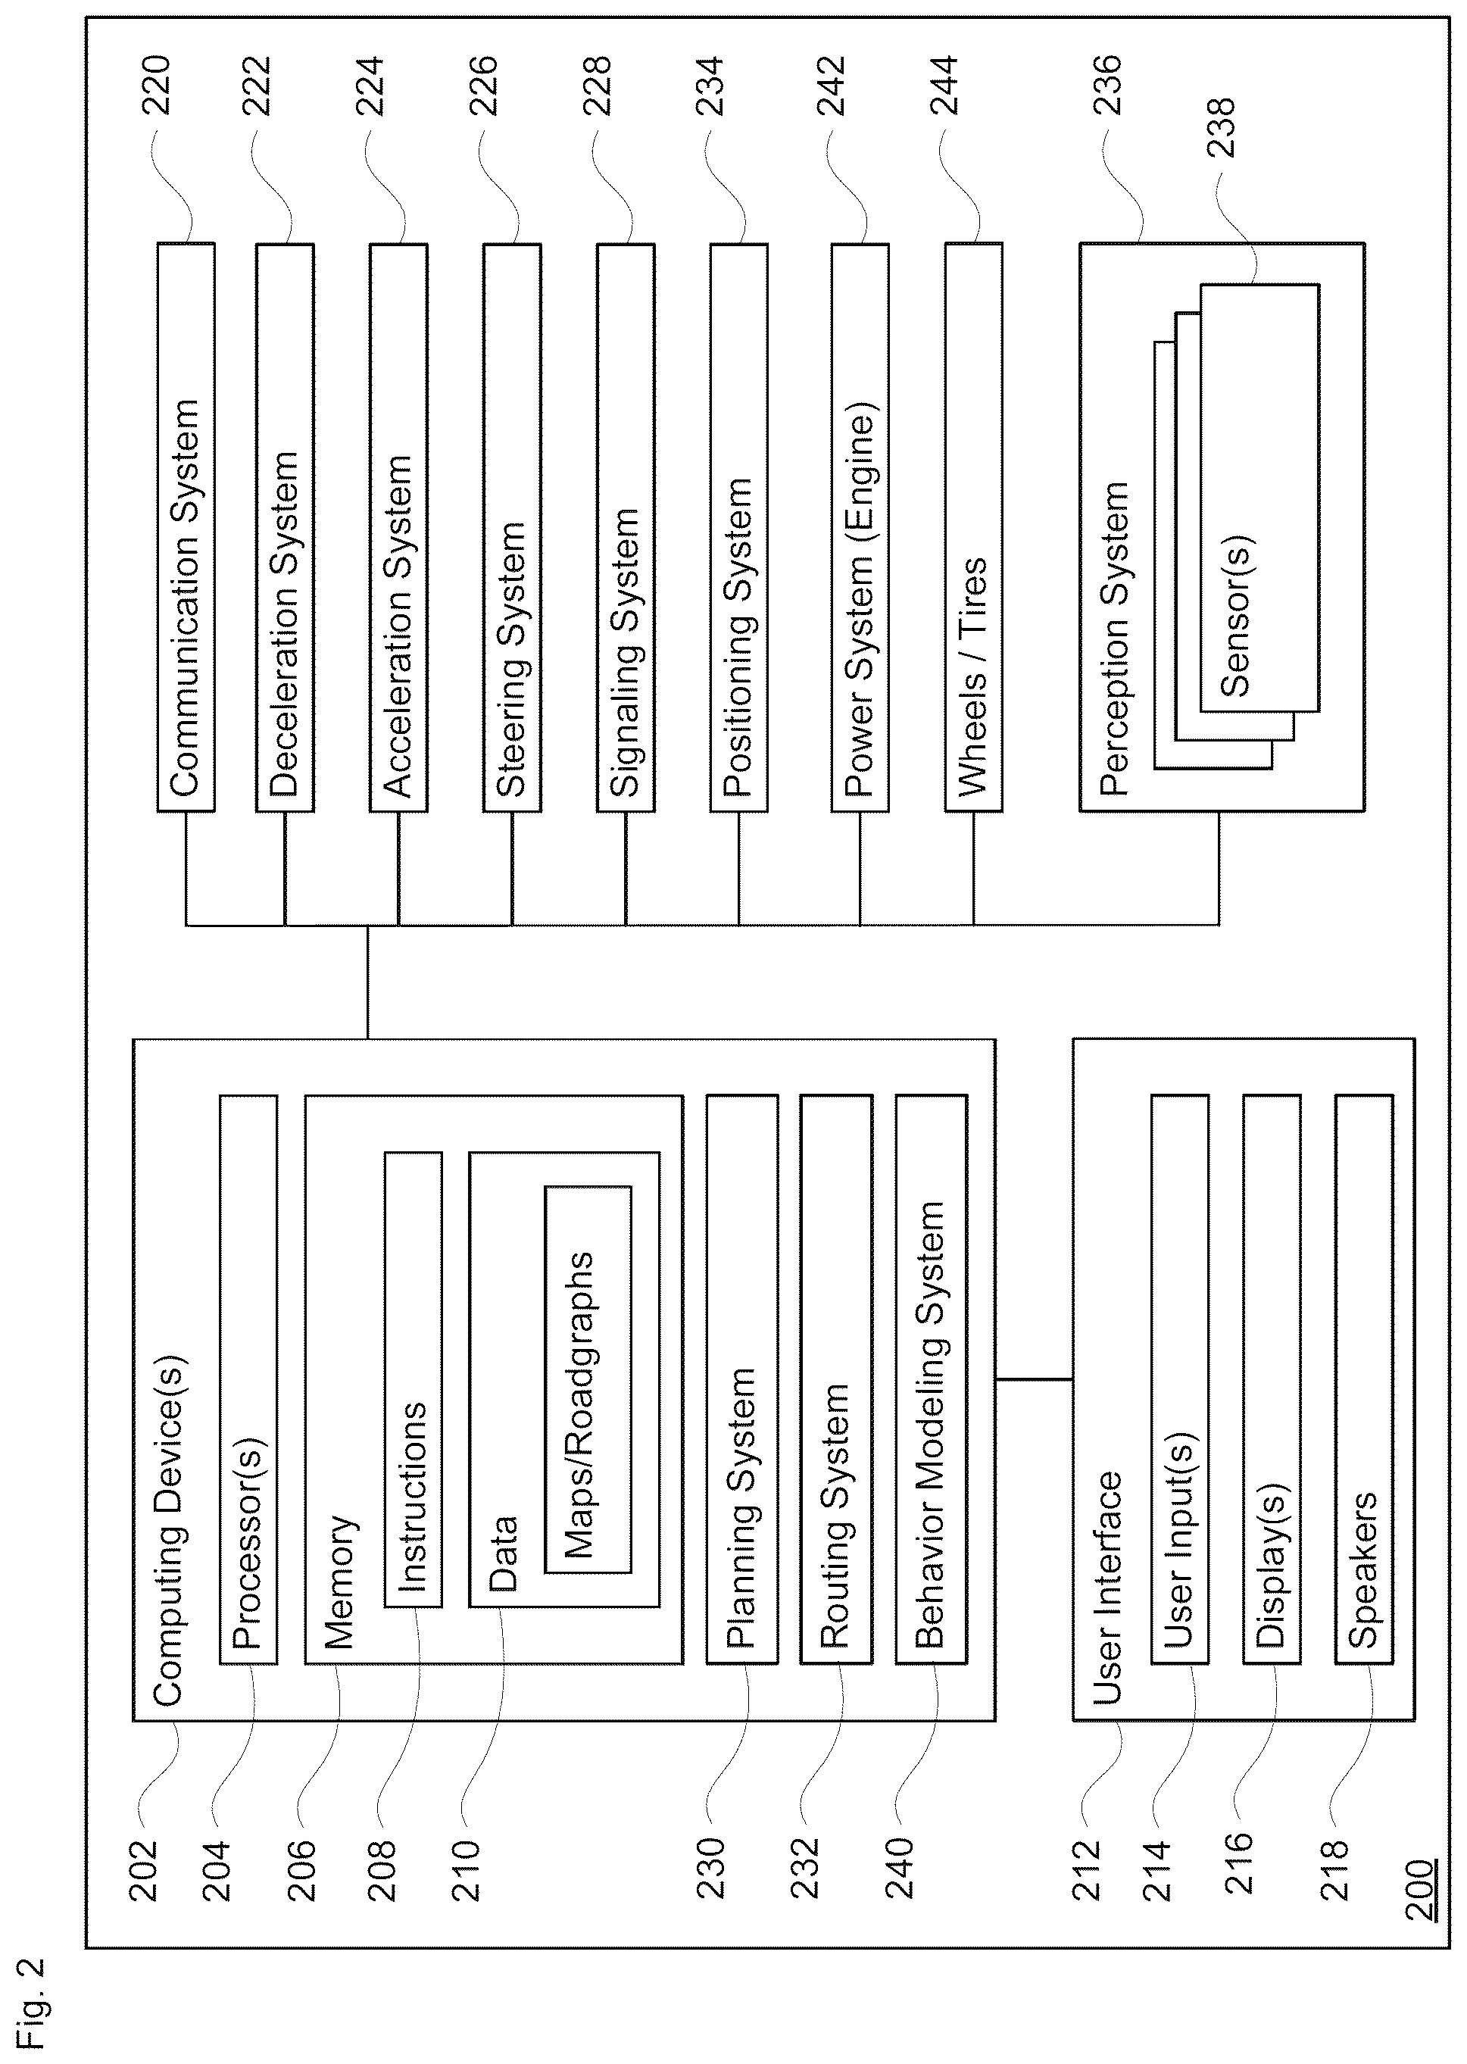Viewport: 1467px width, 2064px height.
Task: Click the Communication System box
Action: (x=186, y=526)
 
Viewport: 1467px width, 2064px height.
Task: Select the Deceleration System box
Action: (x=285, y=526)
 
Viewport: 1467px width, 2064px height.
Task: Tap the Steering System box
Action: (x=512, y=526)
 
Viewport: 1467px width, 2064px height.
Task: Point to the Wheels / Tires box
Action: (x=974, y=526)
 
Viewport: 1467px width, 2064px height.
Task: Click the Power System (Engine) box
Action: (x=860, y=526)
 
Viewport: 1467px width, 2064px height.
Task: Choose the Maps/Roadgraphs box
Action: (x=588, y=1379)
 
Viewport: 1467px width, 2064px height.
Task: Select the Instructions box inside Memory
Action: (x=414, y=1379)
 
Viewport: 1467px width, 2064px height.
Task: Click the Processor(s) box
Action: (x=248, y=1379)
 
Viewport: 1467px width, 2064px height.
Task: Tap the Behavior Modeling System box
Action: (x=932, y=1379)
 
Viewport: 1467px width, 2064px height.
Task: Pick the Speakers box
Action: (x=1364, y=1379)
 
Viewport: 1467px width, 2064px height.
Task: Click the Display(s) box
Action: (x=1272, y=1379)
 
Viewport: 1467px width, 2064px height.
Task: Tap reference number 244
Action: (x=944, y=86)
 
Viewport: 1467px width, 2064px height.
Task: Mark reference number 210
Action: (x=467, y=1871)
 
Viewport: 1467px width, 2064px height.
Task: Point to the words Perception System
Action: (x=1115, y=639)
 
